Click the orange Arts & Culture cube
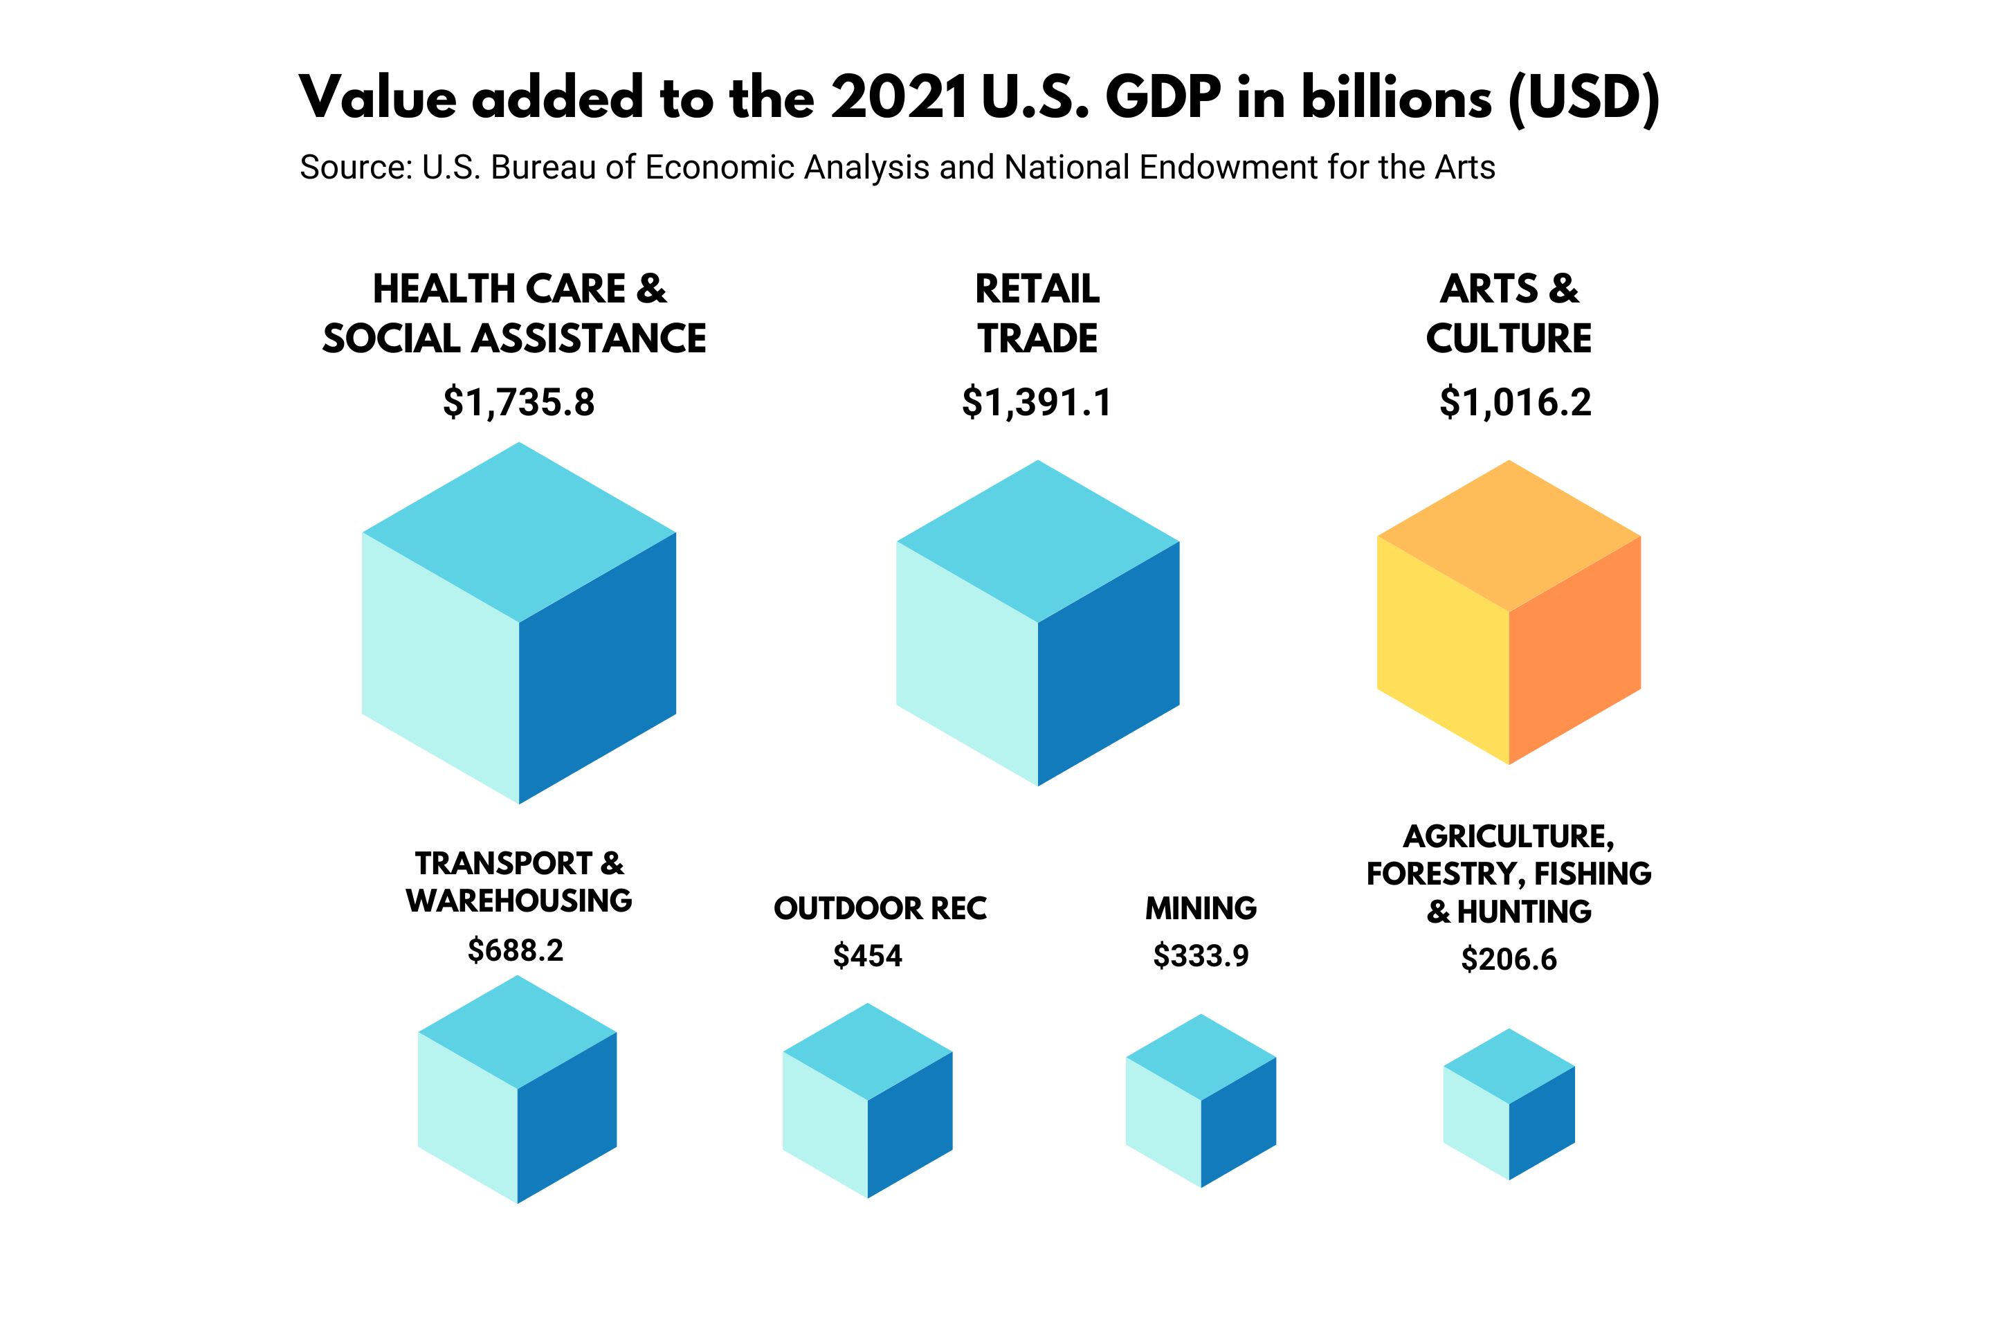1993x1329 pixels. [1509, 612]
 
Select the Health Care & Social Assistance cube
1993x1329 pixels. [518, 623]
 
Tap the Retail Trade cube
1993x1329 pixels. [1037, 623]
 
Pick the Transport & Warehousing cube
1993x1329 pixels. [517, 1089]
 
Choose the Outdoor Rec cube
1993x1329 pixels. [867, 1100]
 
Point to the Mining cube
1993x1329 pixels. [1201, 1100]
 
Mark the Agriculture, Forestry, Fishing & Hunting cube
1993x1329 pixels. [1509, 1103]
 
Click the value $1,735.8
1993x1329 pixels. [518, 401]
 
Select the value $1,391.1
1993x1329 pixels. [1037, 401]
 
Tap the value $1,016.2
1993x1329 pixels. [1515, 401]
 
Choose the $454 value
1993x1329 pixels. [867, 955]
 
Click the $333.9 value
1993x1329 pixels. [1201, 955]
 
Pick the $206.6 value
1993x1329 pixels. [1509, 959]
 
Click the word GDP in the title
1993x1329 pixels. [1163, 98]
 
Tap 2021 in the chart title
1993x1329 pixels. [898, 98]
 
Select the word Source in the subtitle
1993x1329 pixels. [355, 167]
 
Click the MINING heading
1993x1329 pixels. [1201, 907]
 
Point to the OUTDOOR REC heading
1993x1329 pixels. [880, 907]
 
